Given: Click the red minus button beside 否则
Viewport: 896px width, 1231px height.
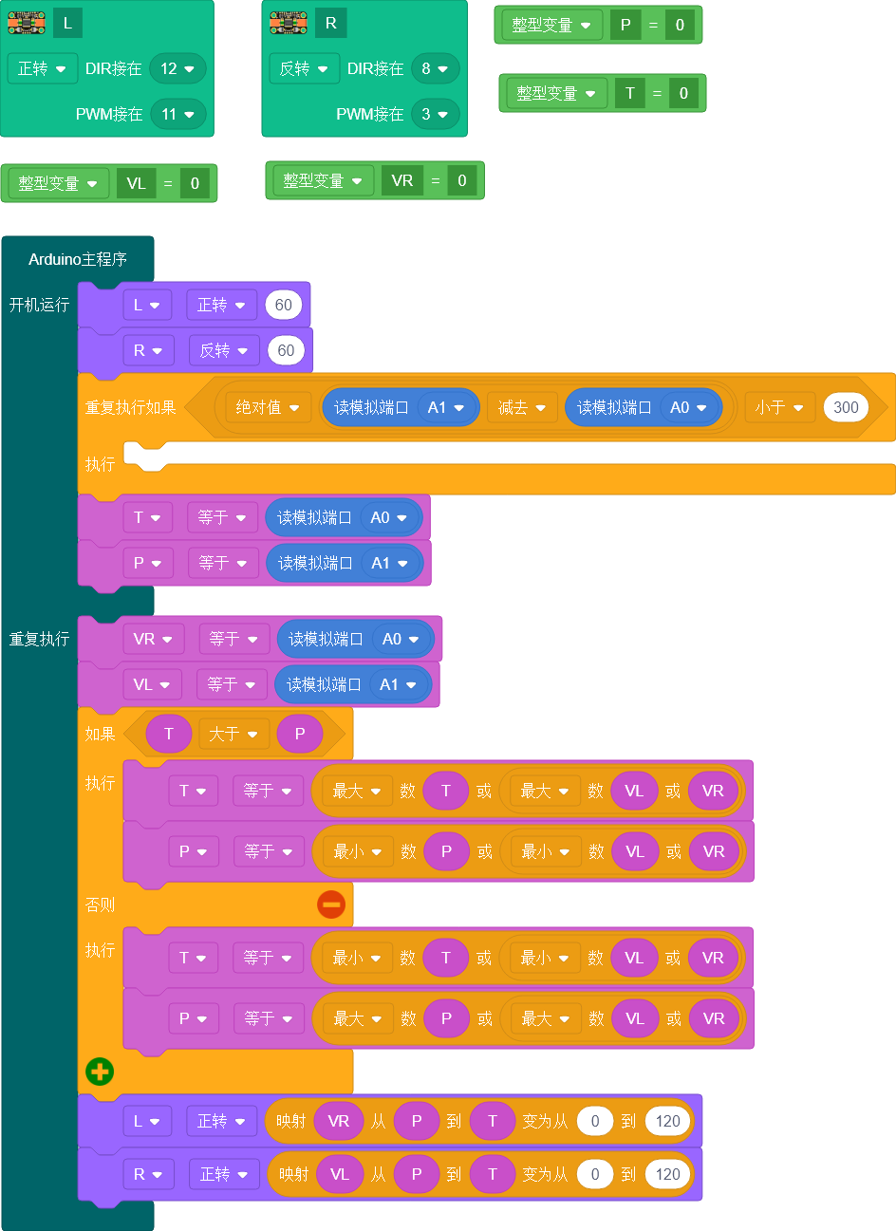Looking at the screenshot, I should pyautogui.click(x=331, y=905).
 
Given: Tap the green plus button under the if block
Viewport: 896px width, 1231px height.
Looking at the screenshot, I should pyautogui.click(x=100, y=1072).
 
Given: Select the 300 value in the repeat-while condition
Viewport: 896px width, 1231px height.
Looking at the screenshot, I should pyautogui.click(x=845, y=407).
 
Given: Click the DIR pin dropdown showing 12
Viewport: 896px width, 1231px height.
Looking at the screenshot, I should pyautogui.click(x=177, y=68).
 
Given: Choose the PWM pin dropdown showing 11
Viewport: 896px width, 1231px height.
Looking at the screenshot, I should pyautogui.click(x=177, y=114).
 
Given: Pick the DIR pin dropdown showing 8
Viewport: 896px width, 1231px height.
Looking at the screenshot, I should pyautogui.click(x=436, y=68).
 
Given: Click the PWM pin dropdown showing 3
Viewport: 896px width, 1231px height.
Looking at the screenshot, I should pyautogui.click(x=436, y=114).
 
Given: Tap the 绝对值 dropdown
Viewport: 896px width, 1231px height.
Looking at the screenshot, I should pyautogui.click(x=268, y=407).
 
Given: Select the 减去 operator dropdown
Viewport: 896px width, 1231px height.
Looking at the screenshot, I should pyautogui.click(x=522, y=407).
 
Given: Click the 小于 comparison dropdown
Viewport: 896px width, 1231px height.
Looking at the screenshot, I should pyautogui.click(x=779, y=407).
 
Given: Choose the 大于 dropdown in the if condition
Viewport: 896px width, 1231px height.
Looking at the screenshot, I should pyautogui.click(x=233, y=734).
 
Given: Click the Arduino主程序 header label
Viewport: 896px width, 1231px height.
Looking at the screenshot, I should pyautogui.click(x=78, y=259).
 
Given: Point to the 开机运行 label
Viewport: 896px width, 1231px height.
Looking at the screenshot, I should pyautogui.click(x=40, y=305).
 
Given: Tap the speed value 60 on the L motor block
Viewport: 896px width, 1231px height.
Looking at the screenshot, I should pyautogui.click(x=284, y=305).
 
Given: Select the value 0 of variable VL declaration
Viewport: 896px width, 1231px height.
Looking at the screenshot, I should pyautogui.click(x=195, y=183).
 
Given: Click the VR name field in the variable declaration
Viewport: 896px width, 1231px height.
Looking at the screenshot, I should pyautogui.click(x=402, y=180).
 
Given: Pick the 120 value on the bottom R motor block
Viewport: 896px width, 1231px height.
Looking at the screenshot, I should pyautogui.click(x=668, y=1174).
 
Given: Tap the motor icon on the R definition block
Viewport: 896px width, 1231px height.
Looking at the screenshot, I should pyautogui.click(x=289, y=23).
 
